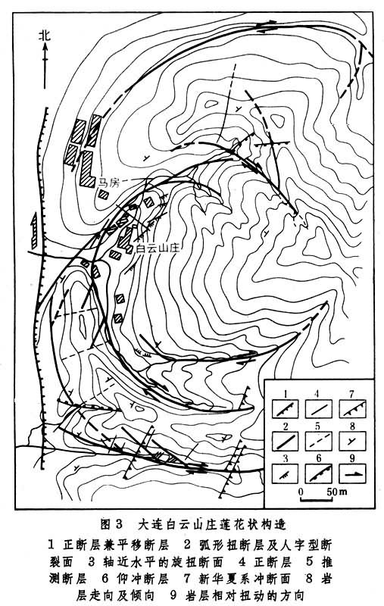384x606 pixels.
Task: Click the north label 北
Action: (45, 36)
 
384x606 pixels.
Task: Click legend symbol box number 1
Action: (285, 408)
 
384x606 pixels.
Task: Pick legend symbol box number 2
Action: (285, 441)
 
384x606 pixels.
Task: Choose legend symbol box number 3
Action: (285, 473)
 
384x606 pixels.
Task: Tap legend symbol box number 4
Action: (319, 408)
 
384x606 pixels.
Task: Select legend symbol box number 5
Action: (319, 441)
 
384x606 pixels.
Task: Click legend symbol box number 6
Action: (319, 473)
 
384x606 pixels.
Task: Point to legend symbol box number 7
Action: (352, 408)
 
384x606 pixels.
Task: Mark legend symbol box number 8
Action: (352, 441)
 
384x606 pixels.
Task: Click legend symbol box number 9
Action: (352, 473)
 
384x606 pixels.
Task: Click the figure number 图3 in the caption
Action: (111, 524)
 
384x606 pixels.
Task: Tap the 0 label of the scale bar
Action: (301, 492)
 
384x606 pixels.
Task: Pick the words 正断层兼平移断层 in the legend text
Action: (116, 545)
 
